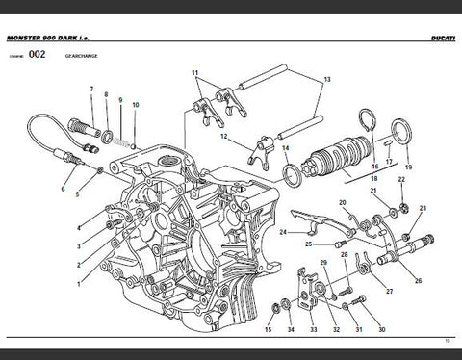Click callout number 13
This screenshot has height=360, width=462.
point(326,80)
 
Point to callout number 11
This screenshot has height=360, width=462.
point(194,74)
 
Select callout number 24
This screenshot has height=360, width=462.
point(283,232)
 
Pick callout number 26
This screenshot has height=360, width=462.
point(418,281)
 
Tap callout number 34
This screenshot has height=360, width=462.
point(290,330)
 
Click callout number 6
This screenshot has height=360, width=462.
point(63,190)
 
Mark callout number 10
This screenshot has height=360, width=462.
point(135,105)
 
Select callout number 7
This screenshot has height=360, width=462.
point(91,90)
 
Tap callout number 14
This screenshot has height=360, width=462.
point(285,147)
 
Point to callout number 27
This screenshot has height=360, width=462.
point(389,290)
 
